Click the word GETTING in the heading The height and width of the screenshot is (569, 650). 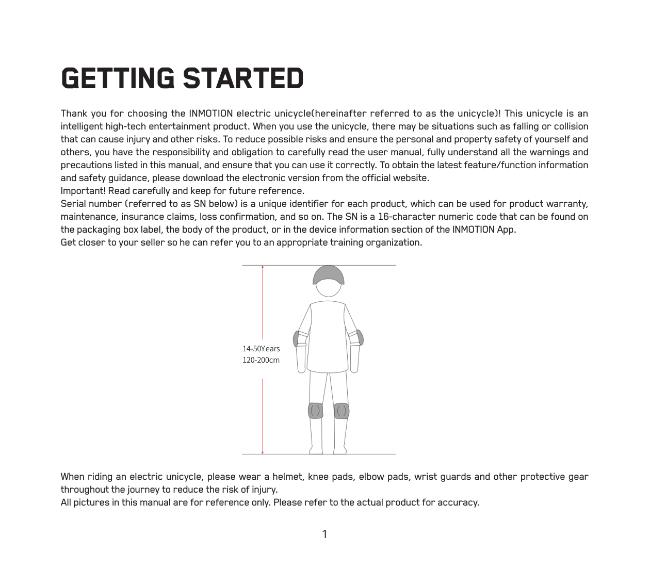click(118, 79)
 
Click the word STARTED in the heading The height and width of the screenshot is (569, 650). click(243, 79)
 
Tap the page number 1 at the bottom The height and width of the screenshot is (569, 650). click(324, 534)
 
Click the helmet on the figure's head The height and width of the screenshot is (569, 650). click(328, 275)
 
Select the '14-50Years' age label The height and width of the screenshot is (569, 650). click(261, 349)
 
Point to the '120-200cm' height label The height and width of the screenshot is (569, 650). click(261, 360)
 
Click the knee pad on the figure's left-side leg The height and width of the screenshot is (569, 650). click(316, 411)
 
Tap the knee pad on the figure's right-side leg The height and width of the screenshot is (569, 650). click(341, 411)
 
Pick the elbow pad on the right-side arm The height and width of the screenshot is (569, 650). click(360, 337)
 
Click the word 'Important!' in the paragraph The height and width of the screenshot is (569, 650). click(83, 191)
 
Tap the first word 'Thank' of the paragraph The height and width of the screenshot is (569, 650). click(74, 113)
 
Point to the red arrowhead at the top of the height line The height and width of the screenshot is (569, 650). click(263, 268)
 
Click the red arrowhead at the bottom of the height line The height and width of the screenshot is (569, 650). click(263, 452)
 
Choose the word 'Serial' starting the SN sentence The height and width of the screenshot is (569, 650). click(73, 204)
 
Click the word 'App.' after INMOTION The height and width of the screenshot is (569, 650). click(507, 230)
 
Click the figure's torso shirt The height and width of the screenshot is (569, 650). click(328, 335)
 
